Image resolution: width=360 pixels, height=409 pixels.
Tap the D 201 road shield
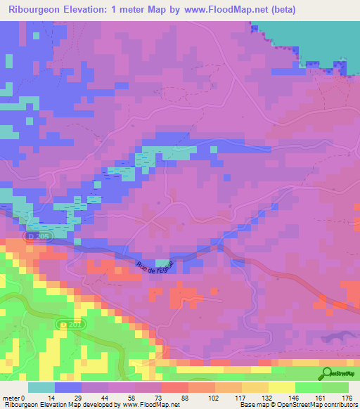[x=66, y=325]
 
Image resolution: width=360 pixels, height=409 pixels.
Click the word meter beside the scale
[x=11, y=398]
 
